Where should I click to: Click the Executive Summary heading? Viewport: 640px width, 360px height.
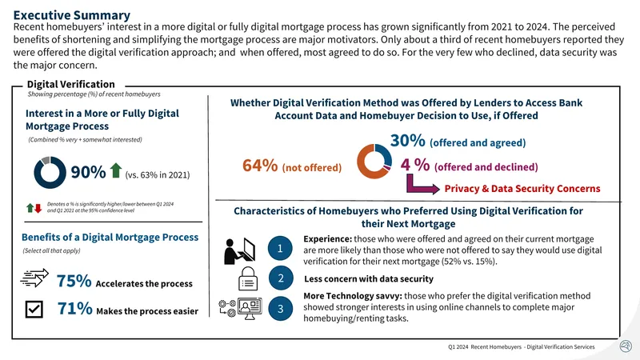(72, 15)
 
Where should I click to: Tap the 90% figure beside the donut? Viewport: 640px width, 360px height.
(88, 172)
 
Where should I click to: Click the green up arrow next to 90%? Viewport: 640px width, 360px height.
(116, 170)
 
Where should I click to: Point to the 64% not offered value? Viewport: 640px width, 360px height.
(260, 166)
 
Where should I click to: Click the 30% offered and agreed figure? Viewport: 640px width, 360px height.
(408, 141)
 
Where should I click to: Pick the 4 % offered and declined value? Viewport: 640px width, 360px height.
(414, 165)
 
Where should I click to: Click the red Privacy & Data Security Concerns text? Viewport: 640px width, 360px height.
(522, 189)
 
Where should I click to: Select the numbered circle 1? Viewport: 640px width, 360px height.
(280, 248)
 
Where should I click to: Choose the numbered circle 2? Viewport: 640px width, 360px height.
(281, 278)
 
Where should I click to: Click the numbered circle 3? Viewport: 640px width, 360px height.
(281, 309)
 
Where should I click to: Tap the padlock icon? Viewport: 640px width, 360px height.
(248, 278)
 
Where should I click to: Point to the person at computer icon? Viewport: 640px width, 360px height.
(239, 250)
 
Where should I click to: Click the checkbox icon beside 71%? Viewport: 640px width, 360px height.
(34, 309)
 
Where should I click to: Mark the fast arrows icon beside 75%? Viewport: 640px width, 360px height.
(34, 278)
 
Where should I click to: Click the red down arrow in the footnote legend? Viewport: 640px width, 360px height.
(38, 208)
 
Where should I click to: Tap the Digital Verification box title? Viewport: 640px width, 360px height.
(71, 84)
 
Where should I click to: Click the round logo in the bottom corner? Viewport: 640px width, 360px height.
(626, 346)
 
